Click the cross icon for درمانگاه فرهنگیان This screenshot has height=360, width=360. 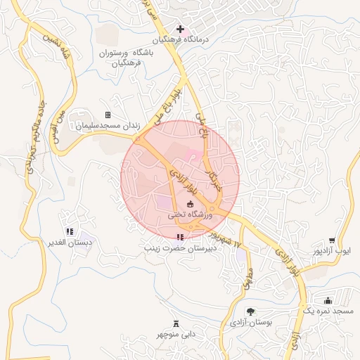point(181,30)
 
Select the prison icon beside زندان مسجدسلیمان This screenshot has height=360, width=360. point(108,115)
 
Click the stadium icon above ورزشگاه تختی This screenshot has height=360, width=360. point(191,204)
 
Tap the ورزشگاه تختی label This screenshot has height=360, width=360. point(189,215)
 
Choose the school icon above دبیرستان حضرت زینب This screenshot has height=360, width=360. point(181,237)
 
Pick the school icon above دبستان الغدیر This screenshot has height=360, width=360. point(69,231)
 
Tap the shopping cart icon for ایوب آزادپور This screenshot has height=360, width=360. point(332,240)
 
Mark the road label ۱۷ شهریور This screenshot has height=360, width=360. point(228,234)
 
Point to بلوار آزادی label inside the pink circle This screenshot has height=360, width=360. point(186,182)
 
